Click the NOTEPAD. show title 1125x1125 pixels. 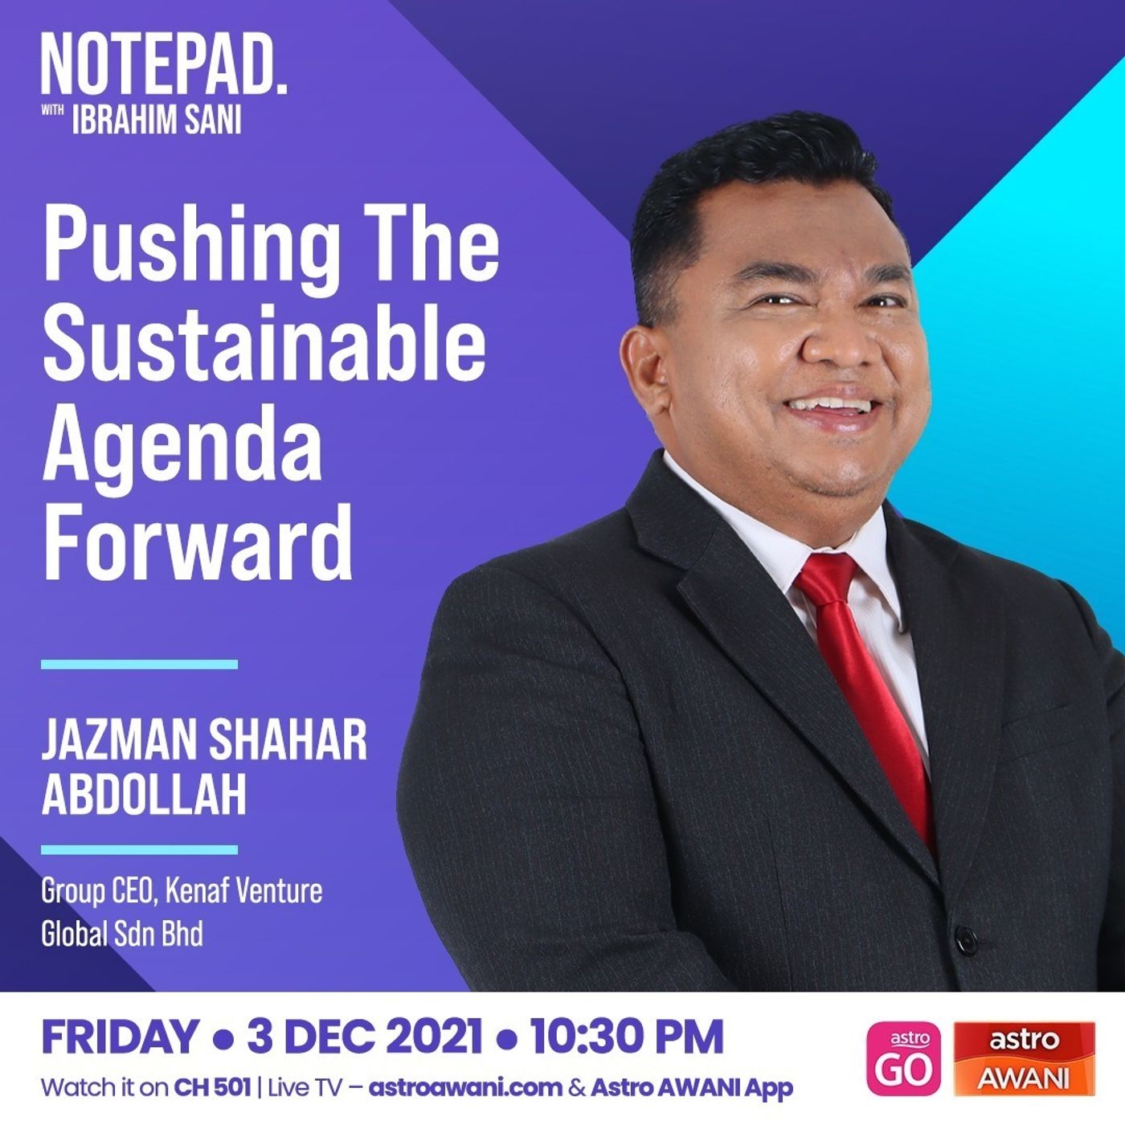coord(164,64)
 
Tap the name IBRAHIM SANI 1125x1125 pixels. coord(157,121)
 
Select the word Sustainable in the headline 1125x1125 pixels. coord(264,341)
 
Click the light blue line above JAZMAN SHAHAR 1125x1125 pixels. coord(140,665)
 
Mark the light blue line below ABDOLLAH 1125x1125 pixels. coord(140,849)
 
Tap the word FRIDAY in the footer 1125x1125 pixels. coord(120,1037)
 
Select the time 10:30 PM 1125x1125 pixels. coord(627,1037)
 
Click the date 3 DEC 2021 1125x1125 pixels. coord(365,1037)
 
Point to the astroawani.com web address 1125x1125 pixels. coord(466,1088)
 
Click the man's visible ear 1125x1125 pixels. coord(648,374)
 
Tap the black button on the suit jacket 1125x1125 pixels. coord(966,940)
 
